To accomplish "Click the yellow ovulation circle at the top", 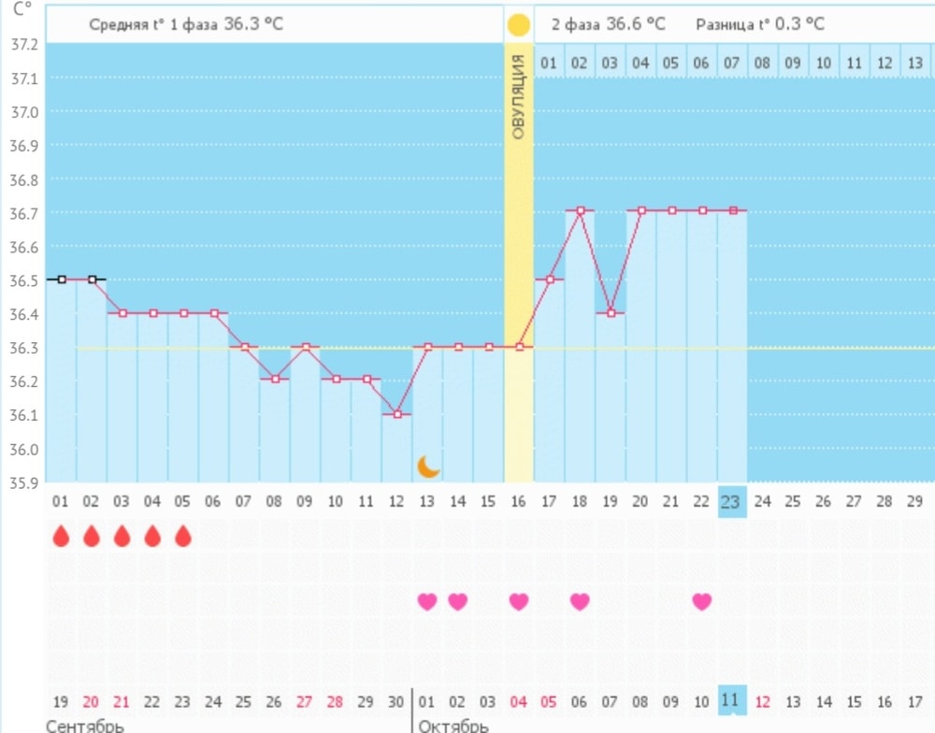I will pyautogui.click(x=518, y=25).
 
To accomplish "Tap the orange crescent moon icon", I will pyautogui.click(x=428, y=467).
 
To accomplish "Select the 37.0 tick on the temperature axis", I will pyautogui.click(x=23, y=112).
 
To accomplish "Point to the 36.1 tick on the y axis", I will pyautogui.click(x=23, y=415).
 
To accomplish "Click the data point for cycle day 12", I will pyautogui.click(x=397, y=413).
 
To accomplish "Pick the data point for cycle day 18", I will pyautogui.click(x=580, y=211).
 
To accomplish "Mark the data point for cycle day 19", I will pyautogui.click(x=610, y=312).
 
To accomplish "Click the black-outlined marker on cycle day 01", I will pyautogui.click(x=62, y=279).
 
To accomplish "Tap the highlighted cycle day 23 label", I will pyautogui.click(x=731, y=502).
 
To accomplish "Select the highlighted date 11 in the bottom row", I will pyautogui.click(x=731, y=700).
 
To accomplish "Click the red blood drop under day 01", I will pyautogui.click(x=61, y=536).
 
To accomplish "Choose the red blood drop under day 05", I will pyautogui.click(x=183, y=536).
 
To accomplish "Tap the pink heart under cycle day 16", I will pyautogui.click(x=519, y=601).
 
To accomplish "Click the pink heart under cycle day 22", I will pyautogui.click(x=702, y=601).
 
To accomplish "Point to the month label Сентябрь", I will pyautogui.click(x=85, y=726).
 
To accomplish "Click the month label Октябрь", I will pyautogui.click(x=453, y=726).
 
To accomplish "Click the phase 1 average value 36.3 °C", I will pyautogui.click(x=253, y=24).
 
